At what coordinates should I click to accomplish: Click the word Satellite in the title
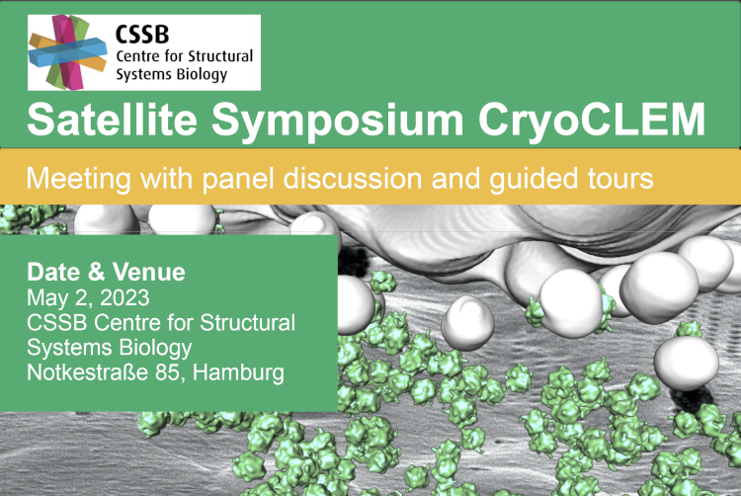pyautogui.click(x=112, y=119)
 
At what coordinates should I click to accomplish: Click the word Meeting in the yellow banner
pyautogui.click(x=78, y=180)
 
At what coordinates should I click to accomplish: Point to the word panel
pyautogui.click(x=239, y=180)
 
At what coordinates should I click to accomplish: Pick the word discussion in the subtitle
pyautogui.click(x=353, y=179)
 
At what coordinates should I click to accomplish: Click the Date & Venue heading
pyautogui.click(x=106, y=272)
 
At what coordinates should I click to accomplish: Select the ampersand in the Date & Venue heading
pyautogui.click(x=96, y=272)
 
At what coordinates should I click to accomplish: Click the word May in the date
pyautogui.click(x=44, y=298)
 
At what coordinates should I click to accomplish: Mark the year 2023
pyautogui.click(x=124, y=298)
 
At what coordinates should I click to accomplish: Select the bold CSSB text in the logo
pyautogui.click(x=142, y=35)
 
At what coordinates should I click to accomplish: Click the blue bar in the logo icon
pyautogui.click(x=67, y=52)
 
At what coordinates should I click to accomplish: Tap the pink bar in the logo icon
pyautogui.click(x=67, y=52)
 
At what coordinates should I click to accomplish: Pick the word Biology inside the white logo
pyautogui.click(x=202, y=75)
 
